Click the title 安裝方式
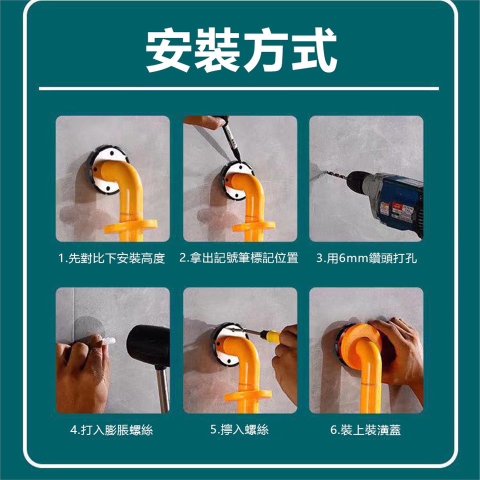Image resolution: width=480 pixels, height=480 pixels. tap(240, 50)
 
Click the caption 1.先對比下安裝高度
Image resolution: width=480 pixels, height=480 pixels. tap(111, 258)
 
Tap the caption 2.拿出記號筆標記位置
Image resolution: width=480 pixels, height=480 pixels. tap(239, 258)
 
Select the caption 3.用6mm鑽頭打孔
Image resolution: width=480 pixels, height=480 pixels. tap(366, 258)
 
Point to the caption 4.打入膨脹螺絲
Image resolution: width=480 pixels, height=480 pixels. tap(111, 430)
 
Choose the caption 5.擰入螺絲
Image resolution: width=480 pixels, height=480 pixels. tap(239, 429)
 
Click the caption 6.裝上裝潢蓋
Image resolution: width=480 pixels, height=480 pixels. tap(365, 430)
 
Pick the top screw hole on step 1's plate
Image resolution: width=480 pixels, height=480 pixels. tap(111, 153)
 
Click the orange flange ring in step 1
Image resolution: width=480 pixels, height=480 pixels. tap(130, 226)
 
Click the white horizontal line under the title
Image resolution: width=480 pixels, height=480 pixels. tap(239, 89)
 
